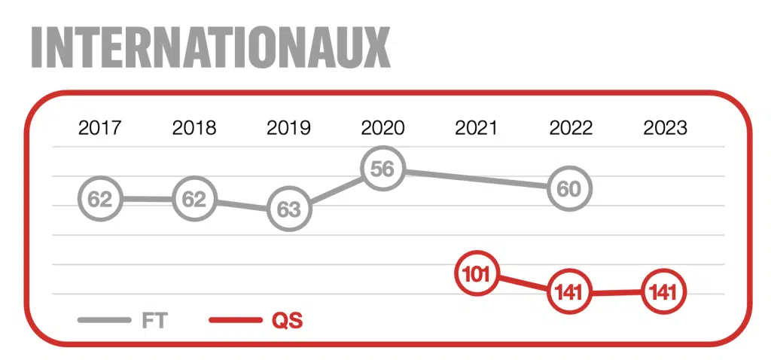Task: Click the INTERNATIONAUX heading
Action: click(211, 47)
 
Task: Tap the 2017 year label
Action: click(100, 128)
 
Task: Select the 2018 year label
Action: click(194, 128)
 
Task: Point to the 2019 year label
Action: click(288, 128)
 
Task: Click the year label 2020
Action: click(382, 128)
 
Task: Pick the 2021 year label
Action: click(476, 128)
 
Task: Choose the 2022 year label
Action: click(571, 128)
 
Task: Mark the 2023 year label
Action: click(666, 128)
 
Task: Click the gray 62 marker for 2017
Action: click(100, 199)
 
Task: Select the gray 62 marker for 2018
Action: click(194, 199)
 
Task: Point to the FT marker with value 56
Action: click(382, 169)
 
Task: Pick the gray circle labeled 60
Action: click(571, 189)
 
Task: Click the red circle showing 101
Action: click(477, 273)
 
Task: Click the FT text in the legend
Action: click(155, 321)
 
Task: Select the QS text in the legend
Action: click(288, 321)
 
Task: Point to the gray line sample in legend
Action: click(104, 320)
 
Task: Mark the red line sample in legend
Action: click(235, 320)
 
